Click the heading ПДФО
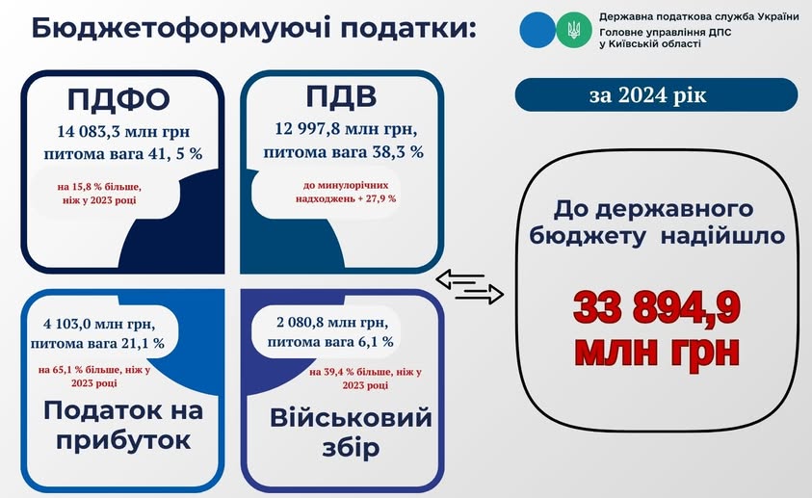(x=118, y=99)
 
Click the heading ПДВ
(x=341, y=95)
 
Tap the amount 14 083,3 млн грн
(x=123, y=132)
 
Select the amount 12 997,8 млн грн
(x=346, y=129)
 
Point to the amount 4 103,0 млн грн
(x=99, y=325)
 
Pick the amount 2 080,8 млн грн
(x=332, y=323)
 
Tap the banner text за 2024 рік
(x=648, y=95)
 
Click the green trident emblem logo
(x=573, y=30)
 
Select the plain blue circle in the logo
(x=537, y=30)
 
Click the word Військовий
(x=351, y=418)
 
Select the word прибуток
(x=123, y=441)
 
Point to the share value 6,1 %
(x=373, y=342)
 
